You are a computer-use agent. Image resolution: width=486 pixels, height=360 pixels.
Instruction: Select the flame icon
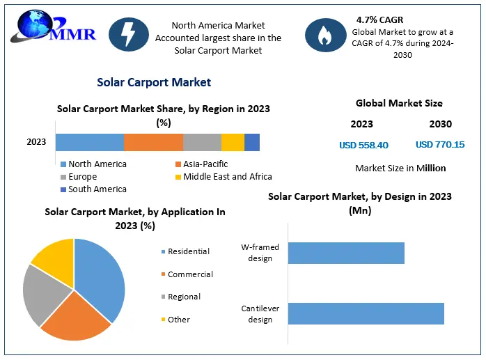point(324,36)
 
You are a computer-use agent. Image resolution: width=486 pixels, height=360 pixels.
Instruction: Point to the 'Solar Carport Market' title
point(154,82)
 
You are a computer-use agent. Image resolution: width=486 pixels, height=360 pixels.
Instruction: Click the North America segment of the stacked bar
point(90,142)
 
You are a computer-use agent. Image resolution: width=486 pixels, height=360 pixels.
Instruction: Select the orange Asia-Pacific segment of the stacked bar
point(153,142)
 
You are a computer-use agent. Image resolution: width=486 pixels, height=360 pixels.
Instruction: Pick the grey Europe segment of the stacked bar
point(202,142)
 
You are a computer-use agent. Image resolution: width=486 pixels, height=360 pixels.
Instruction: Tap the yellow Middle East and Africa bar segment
point(233,142)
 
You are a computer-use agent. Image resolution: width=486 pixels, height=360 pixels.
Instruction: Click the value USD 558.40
point(363,145)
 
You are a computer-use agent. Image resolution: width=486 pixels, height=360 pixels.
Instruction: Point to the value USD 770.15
point(440,145)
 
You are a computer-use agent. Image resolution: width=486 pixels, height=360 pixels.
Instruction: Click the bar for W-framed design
point(346,253)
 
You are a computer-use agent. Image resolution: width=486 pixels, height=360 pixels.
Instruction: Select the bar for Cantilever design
point(366,313)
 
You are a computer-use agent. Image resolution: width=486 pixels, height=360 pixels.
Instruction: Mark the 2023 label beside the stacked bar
point(36,142)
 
